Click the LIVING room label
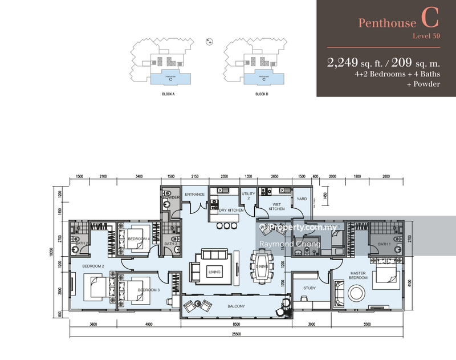click(214, 272)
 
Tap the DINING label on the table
click(262, 266)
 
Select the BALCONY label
click(237, 307)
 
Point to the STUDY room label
click(310, 288)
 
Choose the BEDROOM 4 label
click(138, 238)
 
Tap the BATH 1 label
click(383, 244)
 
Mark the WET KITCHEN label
click(276, 207)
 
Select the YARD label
click(302, 199)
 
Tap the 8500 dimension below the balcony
click(237, 325)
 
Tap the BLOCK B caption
click(262, 94)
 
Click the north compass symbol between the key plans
click(209, 41)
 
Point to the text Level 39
click(427, 37)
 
